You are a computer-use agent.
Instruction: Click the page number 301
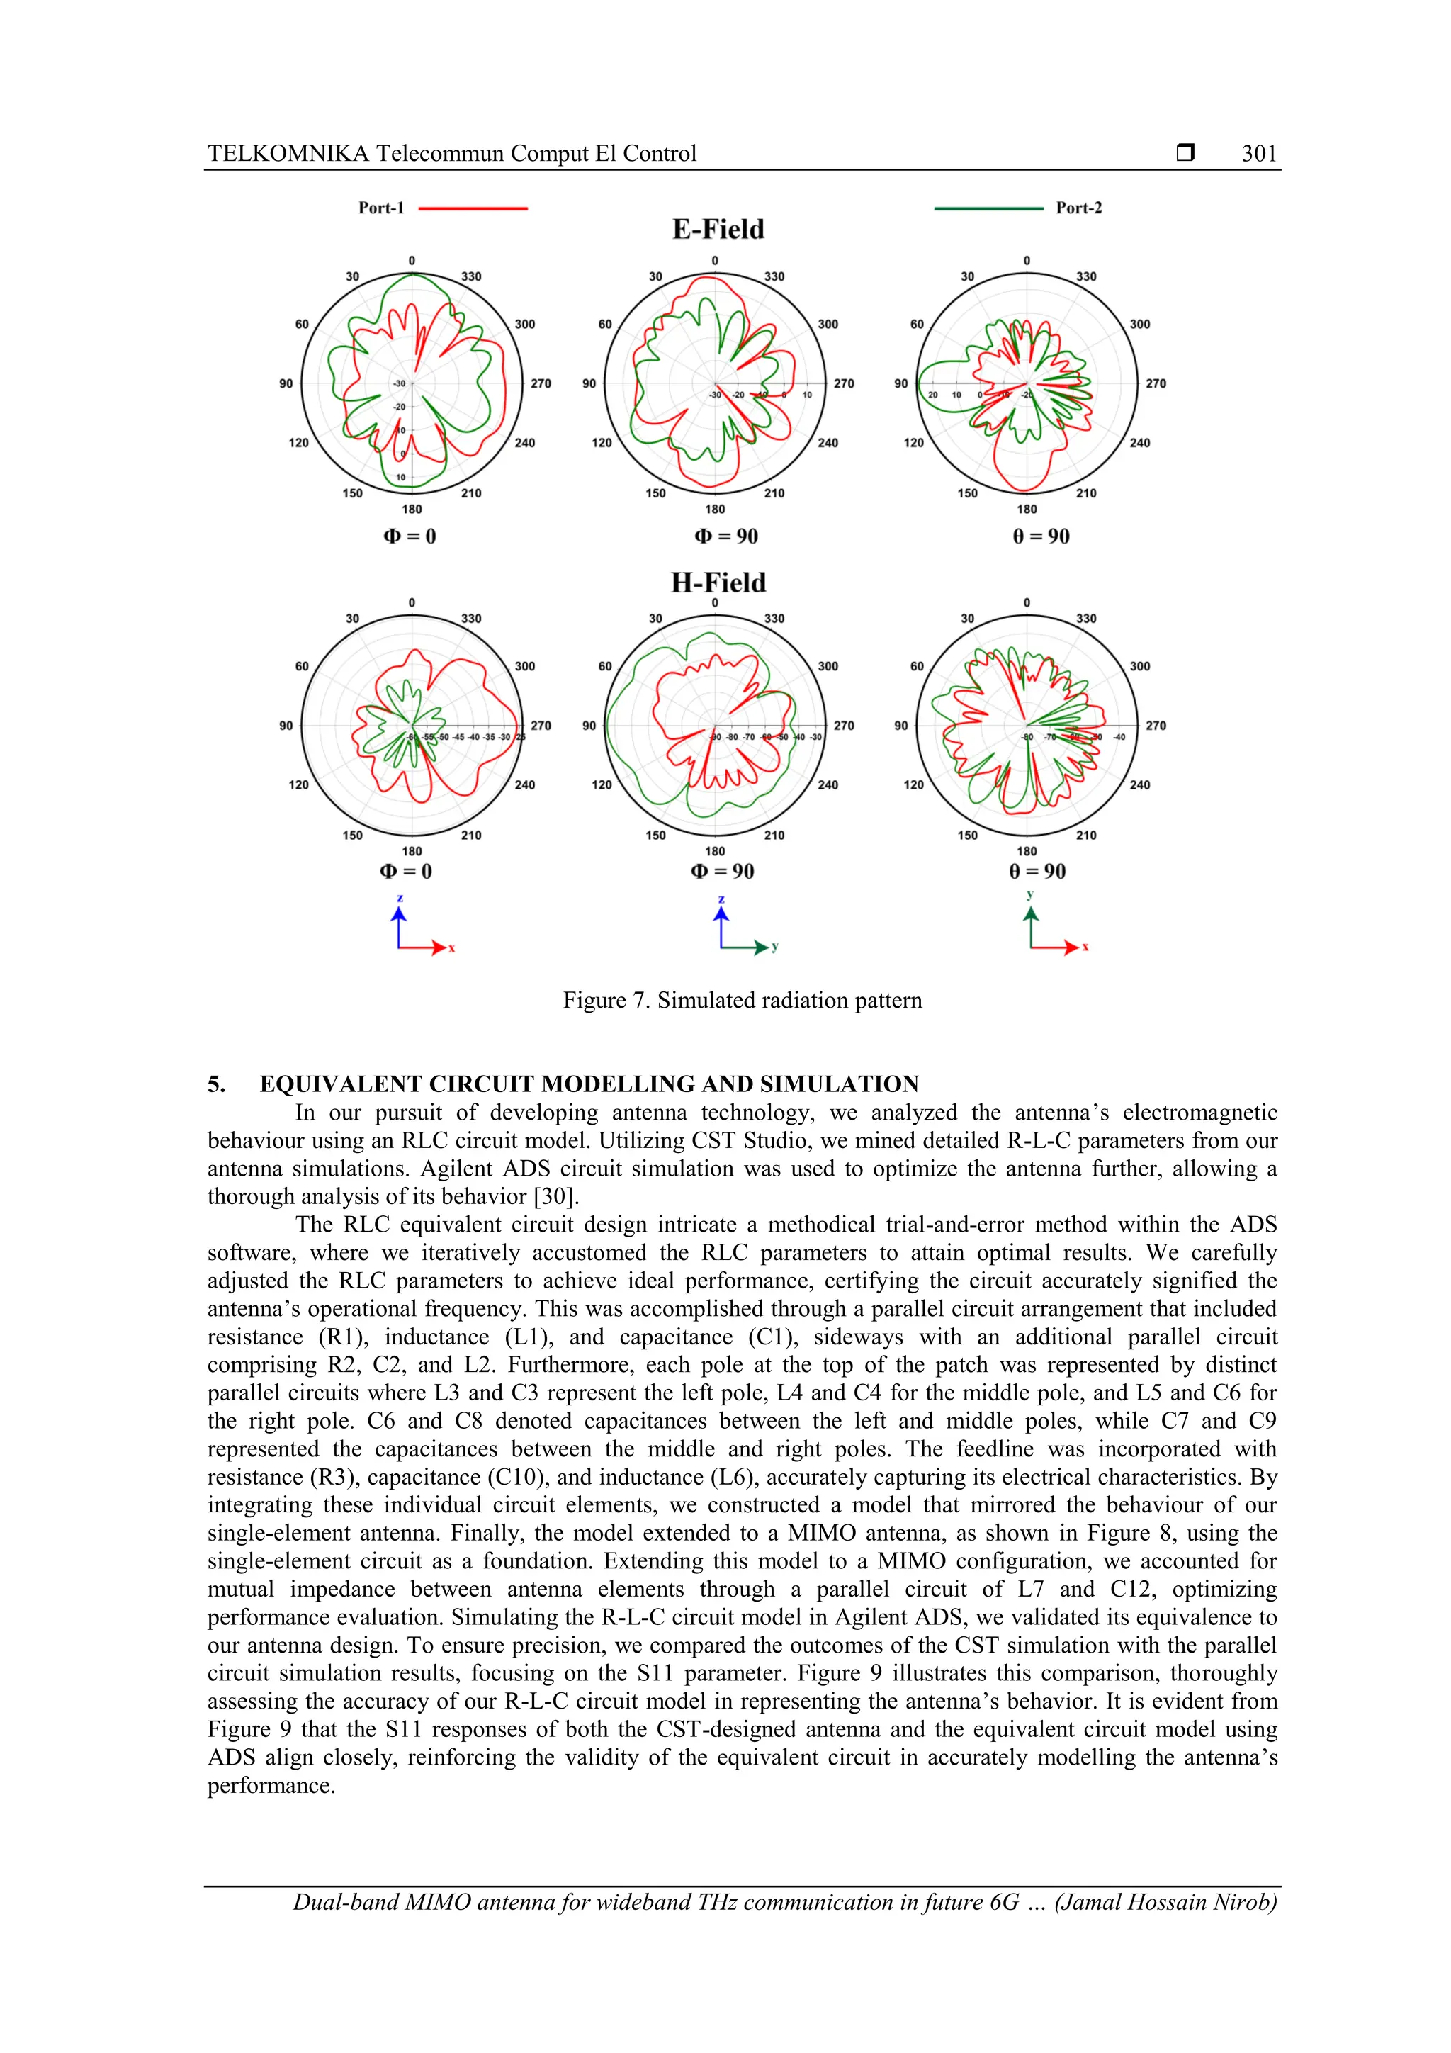click(1259, 154)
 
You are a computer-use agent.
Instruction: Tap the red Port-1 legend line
click(473, 208)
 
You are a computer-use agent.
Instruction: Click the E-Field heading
click(718, 229)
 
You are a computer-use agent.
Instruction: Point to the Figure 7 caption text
click(741, 1000)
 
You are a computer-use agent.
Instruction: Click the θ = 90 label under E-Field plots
click(1041, 536)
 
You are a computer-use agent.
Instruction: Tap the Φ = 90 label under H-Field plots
click(723, 871)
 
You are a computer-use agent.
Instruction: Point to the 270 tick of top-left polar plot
click(541, 383)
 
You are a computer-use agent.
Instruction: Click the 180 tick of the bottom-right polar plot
click(1027, 851)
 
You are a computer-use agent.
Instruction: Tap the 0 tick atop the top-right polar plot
click(1027, 261)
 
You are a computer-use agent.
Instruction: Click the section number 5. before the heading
click(216, 1085)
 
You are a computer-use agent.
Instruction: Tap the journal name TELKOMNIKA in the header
click(288, 154)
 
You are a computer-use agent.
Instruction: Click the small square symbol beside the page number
click(1185, 153)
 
